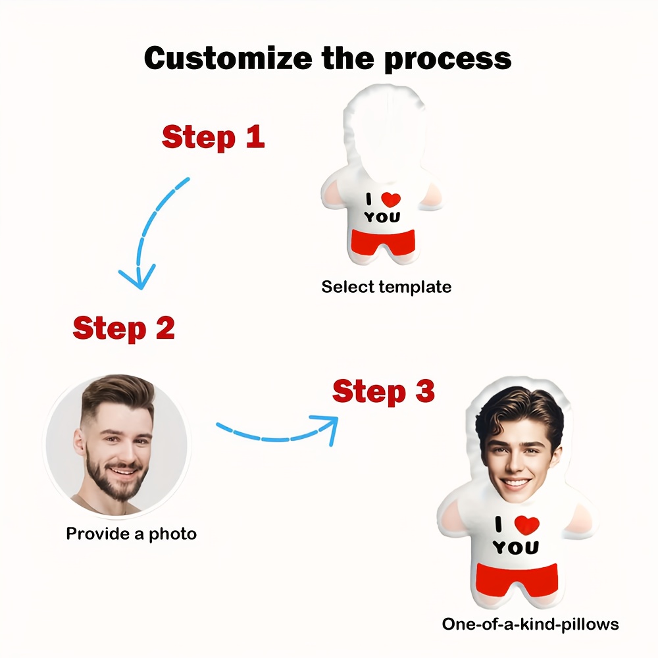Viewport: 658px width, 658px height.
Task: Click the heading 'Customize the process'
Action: coord(328,58)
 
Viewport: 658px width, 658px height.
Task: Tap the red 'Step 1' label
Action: coord(213,137)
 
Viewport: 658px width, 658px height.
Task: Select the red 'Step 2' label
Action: coord(124,328)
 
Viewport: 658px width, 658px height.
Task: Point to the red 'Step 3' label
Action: coord(383,392)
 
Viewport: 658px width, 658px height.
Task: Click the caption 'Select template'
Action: coord(386,287)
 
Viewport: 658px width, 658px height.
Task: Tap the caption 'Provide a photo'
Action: coord(131,533)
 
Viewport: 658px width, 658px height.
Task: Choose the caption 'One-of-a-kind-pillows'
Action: coord(530,623)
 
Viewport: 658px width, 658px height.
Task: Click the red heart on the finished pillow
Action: coord(526,524)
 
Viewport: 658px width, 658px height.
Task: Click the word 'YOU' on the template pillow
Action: coord(382,218)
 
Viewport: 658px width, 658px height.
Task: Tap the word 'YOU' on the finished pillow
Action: coord(515,547)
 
